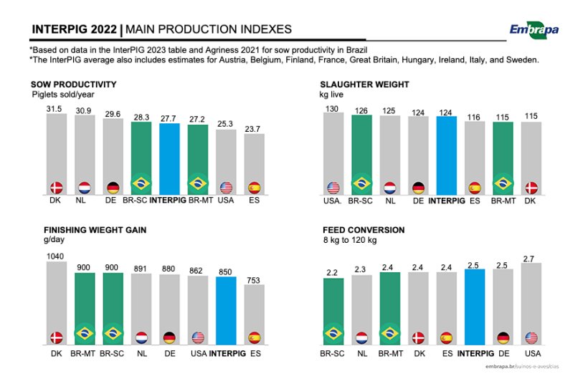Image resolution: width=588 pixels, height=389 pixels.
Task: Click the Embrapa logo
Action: pyautogui.click(x=534, y=29)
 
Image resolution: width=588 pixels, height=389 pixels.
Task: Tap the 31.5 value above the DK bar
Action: pyautogui.click(x=56, y=108)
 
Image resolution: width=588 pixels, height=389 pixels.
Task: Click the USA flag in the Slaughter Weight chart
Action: pyautogui.click(x=333, y=188)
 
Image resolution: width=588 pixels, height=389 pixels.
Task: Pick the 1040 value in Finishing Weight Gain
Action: pyautogui.click(x=55, y=256)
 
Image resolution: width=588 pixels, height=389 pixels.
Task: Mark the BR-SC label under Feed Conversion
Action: pyautogui.click(x=333, y=354)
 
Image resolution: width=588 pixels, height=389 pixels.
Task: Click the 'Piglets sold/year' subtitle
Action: pyautogui.click(x=63, y=94)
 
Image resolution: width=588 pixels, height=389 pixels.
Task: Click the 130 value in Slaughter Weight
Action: pyautogui.click(x=333, y=108)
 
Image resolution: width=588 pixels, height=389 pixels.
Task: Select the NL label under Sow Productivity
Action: pyautogui.click(x=84, y=201)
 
